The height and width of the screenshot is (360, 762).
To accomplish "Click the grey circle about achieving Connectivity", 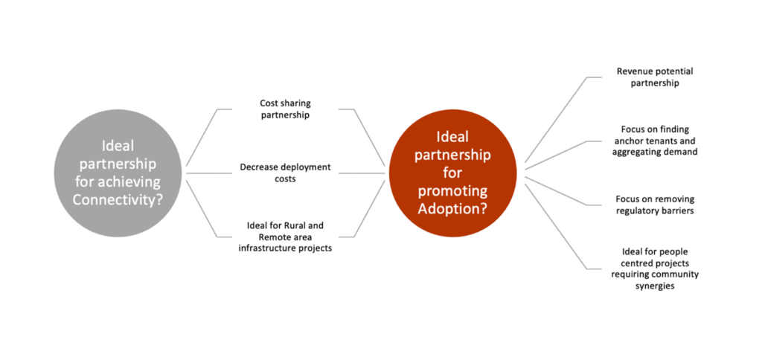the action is [118, 173].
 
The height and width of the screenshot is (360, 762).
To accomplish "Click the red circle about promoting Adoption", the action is [453, 173].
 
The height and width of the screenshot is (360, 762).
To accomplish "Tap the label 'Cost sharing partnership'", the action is [285, 109].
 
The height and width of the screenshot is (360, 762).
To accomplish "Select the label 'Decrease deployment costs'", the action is [285, 173].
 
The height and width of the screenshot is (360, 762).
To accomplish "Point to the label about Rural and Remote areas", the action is [285, 237].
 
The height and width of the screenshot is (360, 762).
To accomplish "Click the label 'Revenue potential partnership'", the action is [655, 77].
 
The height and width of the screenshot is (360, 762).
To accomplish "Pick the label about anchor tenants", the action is [655, 141].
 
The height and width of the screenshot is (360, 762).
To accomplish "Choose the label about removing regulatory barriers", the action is [655, 205].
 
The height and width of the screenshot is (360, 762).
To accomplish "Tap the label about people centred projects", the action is [655, 269].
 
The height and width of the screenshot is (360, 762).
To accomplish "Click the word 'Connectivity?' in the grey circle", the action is [118, 199].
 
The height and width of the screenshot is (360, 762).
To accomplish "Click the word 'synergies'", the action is [655, 286].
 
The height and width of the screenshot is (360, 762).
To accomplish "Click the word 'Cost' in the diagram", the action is [269, 103].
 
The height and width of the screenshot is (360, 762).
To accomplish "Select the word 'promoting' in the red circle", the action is [453, 191].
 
